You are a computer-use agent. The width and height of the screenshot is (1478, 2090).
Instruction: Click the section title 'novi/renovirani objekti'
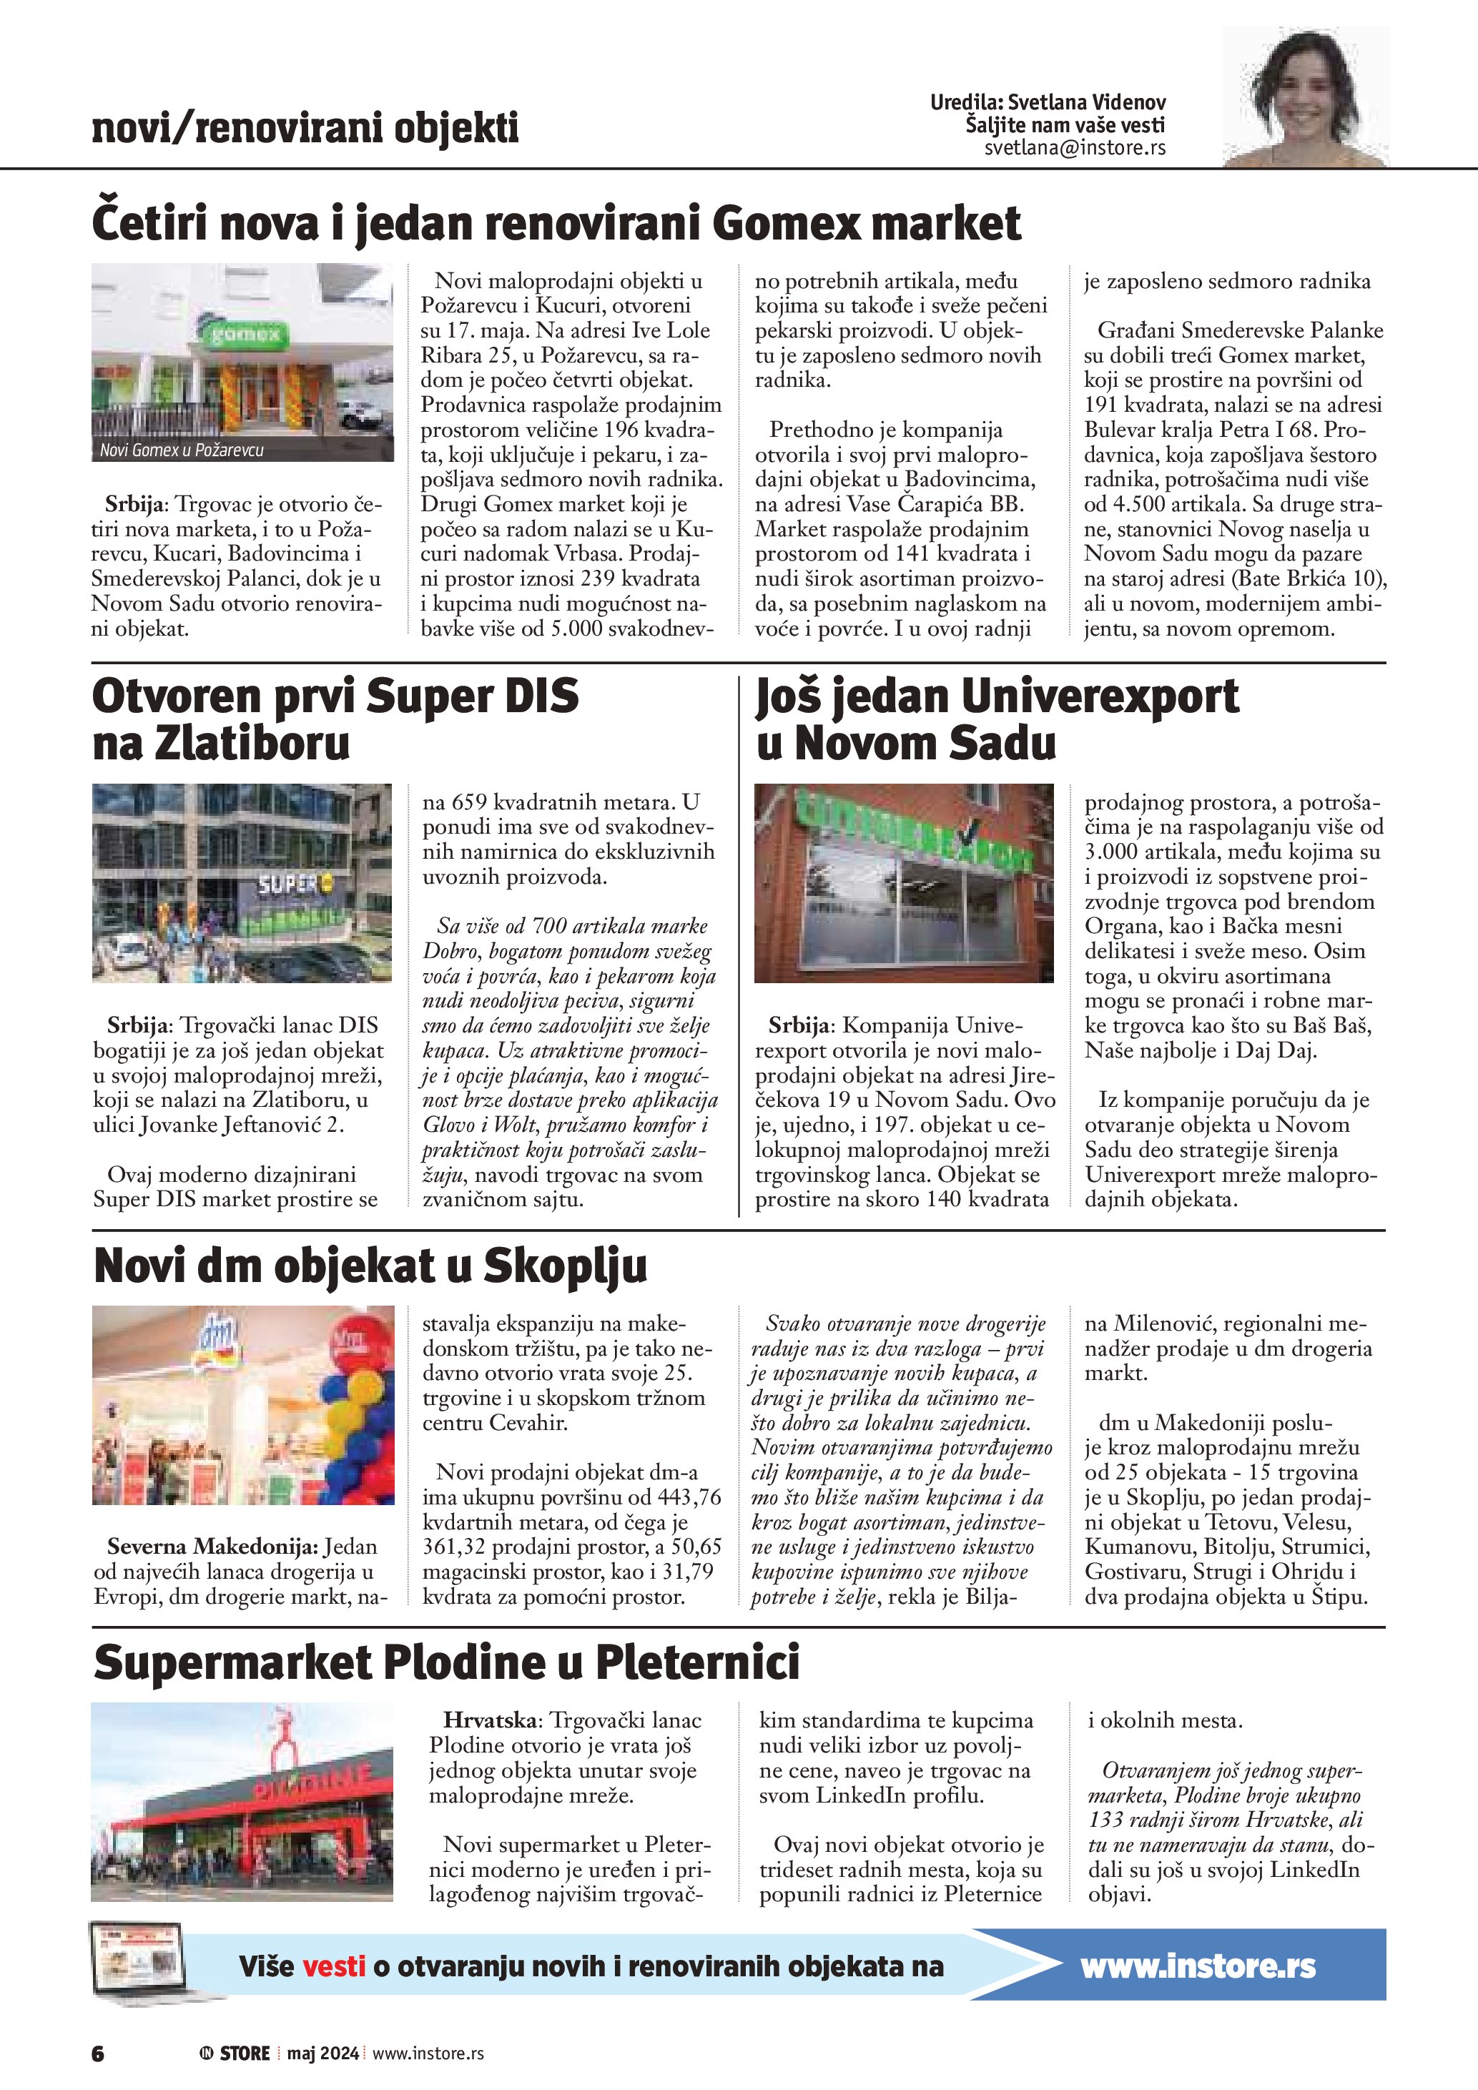click(x=305, y=129)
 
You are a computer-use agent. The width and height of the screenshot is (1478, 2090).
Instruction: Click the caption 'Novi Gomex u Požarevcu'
click(x=182, y=450)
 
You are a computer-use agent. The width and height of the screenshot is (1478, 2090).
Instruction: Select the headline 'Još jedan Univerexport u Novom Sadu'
click(x=997, y=720)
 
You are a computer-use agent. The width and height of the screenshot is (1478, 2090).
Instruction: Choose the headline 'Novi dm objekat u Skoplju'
click(x=370, y=1266)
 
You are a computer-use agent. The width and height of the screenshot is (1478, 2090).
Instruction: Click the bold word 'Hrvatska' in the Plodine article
click(x=491, y=1720)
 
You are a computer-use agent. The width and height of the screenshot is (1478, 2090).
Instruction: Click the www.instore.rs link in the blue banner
click(x=1198, y=1966)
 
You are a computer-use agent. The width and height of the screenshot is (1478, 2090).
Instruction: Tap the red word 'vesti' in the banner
click(x=333, y=1966)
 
